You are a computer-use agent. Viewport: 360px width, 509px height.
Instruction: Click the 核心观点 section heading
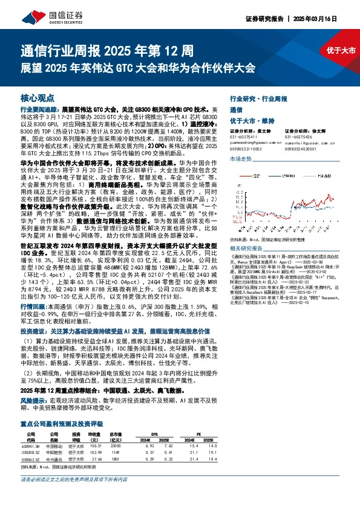pos(37,97)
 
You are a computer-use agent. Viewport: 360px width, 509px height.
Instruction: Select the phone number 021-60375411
pos(246,137)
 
